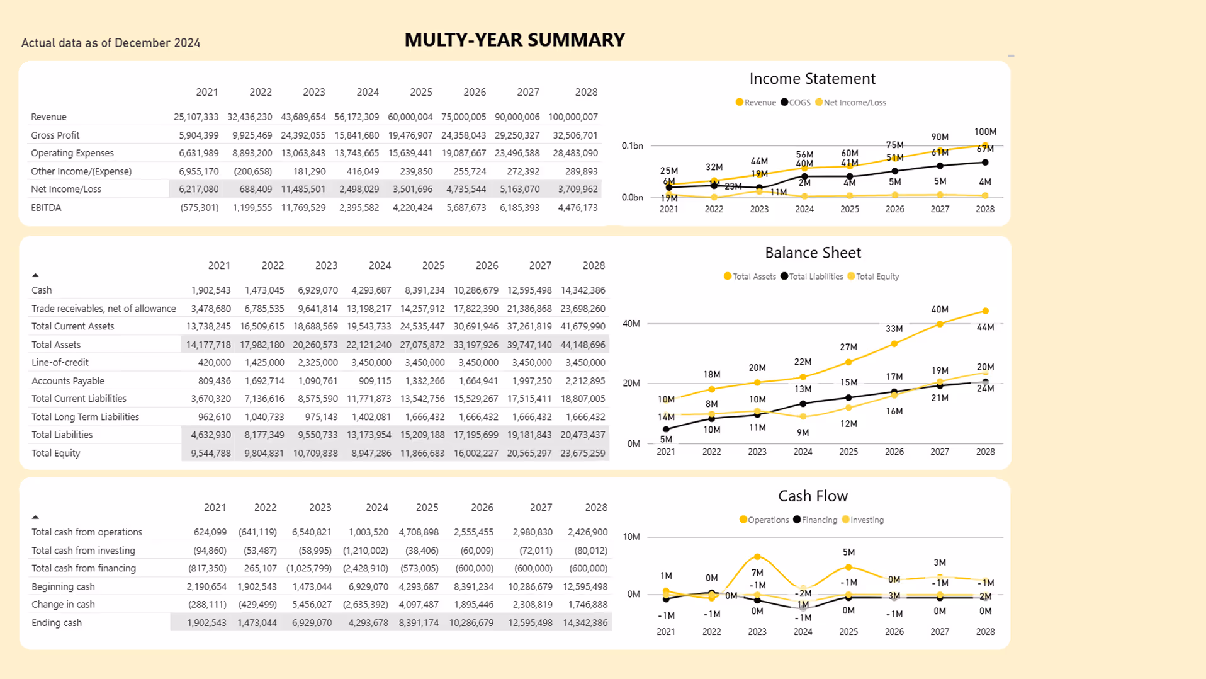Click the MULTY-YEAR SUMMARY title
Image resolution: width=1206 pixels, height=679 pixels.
514,40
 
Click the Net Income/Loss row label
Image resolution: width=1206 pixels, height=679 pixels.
66,189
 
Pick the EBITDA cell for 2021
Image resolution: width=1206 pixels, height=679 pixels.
200,207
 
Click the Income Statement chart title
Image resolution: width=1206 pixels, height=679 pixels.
812,79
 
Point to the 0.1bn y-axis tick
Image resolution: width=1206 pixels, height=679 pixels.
632,146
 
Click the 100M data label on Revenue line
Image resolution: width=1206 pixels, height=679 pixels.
985,132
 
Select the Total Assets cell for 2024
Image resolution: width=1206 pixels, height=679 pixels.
369,345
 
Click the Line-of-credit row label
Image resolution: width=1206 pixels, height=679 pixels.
60,363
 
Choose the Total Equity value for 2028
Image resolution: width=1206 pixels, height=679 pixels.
583,453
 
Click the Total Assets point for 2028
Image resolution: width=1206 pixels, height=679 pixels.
986,311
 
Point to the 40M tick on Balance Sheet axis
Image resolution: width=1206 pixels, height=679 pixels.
631,324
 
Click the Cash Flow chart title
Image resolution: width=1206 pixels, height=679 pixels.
813,496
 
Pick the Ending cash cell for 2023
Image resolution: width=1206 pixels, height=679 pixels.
312,623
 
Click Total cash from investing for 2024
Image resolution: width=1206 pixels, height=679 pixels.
366,551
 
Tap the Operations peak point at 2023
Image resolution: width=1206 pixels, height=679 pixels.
757,557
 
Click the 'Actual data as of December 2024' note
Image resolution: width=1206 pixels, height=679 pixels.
111,43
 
